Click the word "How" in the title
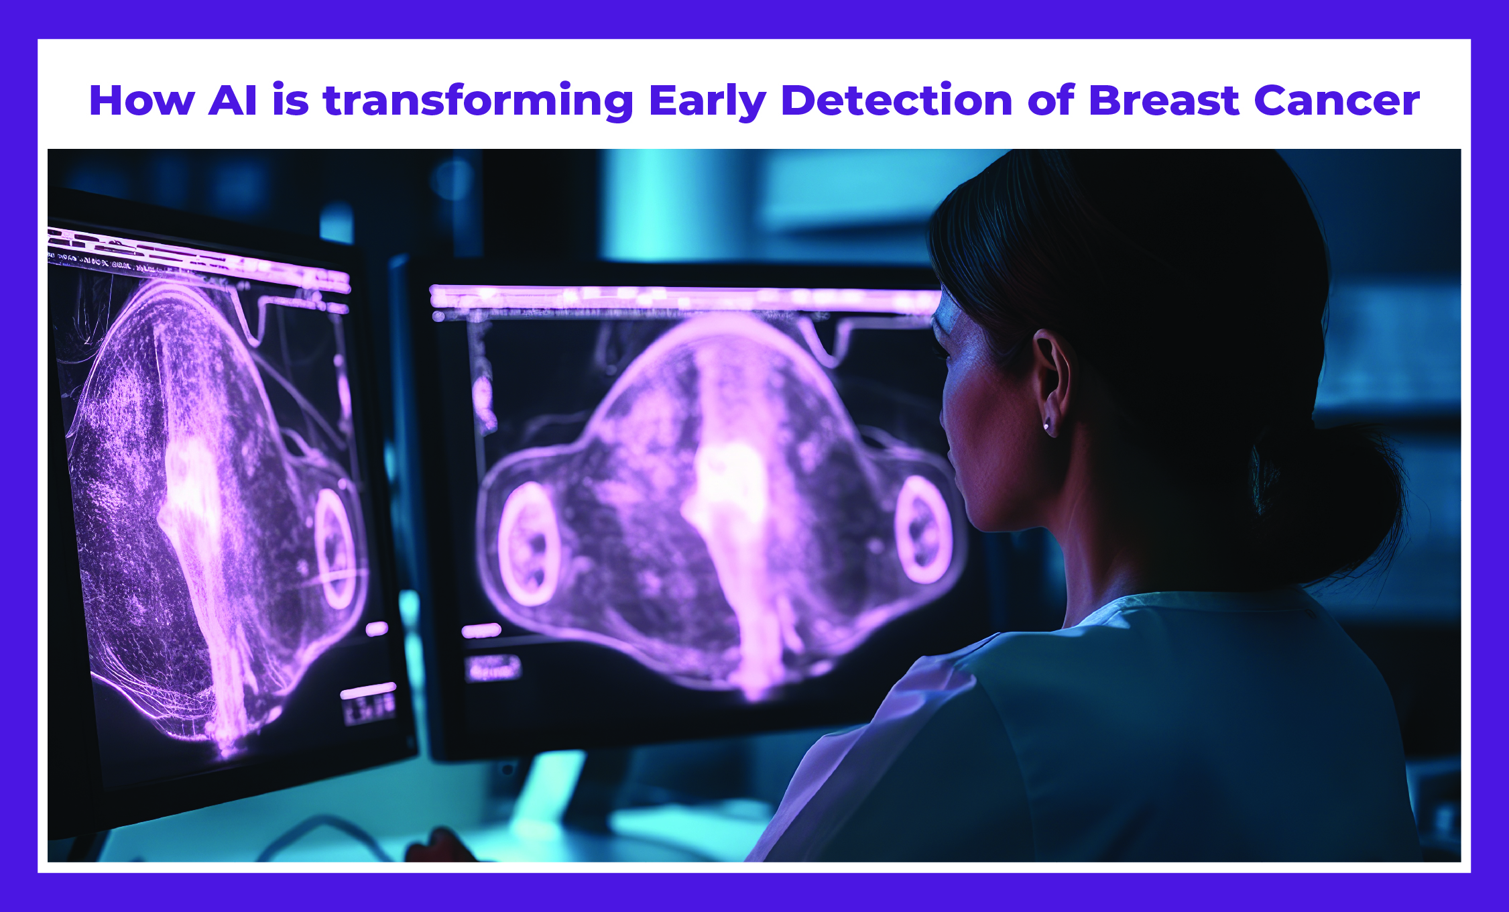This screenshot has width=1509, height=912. click(x=141, y=101)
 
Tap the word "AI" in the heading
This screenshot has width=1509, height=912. click(x=233, y=101)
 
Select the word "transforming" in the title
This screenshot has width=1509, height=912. click(x=478, y=102)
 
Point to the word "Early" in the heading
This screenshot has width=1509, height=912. click(x=707, y=102)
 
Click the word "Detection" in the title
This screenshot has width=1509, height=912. click(x=896, y=101)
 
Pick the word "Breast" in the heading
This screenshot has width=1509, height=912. click(x=1164, y=101)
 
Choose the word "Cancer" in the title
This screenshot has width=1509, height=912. click(x=1336, y=101)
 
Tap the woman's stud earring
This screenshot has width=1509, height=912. click(x=1046, y=426)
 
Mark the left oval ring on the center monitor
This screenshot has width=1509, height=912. click(x=529, y=544)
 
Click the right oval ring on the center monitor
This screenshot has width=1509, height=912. click(x=922, y=530)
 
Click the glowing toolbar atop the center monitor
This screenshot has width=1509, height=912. click(x=684, y=297)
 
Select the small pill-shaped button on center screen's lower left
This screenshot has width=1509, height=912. click(x=481, y=630)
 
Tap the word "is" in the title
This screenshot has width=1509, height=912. click(x=290, y=101)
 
